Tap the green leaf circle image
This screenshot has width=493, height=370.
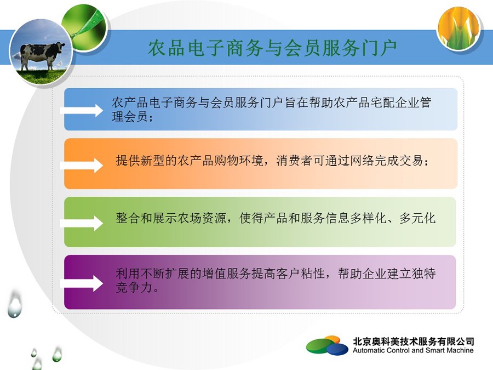coord(84,29)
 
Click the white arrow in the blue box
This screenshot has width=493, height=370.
coord(82,110)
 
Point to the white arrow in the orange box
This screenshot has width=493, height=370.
coord(82,166)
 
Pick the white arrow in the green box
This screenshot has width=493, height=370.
coord(82,224)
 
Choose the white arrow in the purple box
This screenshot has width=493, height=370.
coord(82,284)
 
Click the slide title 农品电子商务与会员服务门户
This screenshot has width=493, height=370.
coord(272,48)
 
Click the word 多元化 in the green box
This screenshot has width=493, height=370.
coord(417,218)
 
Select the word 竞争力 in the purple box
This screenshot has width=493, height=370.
coord(134,287)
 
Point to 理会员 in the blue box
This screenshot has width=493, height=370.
coord(130,116)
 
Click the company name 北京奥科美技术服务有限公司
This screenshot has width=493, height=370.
coord(414,341)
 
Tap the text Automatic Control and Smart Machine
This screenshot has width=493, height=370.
coord(413,350)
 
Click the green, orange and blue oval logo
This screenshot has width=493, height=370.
coord(327,345)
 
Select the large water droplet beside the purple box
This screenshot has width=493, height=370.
coord(15,304)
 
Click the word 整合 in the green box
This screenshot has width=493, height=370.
coord(128,218)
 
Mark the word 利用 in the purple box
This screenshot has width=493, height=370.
coord(128,273)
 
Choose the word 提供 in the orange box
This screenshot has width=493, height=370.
coord(128,161)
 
